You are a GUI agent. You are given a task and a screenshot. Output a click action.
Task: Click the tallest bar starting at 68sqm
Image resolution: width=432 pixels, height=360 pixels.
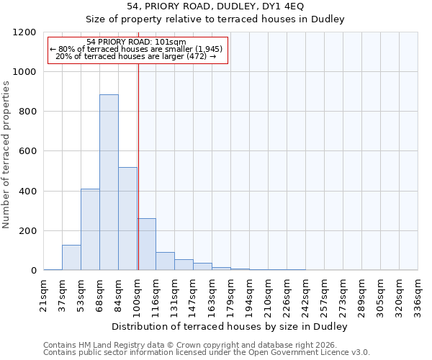click(x=109, y=182)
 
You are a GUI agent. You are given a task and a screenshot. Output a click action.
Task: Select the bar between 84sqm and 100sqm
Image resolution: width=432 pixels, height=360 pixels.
click(x=127, y=219)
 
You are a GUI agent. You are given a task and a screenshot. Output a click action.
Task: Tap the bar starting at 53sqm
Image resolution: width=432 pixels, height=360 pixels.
click(x=90, y=229)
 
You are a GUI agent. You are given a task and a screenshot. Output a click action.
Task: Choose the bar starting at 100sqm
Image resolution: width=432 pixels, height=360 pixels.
click(x=146, y=244)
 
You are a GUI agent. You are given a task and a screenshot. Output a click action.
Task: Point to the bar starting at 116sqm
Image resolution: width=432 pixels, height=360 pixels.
click(x=165, y=261)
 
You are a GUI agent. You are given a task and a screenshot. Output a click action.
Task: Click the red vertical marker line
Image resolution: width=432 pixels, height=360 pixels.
click(x=138, y=166)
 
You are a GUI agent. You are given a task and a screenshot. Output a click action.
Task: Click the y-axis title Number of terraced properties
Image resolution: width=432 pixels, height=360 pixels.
click(x=7, y=155)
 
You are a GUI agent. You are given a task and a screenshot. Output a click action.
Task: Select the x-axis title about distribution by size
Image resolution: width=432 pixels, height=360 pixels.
click(x=230, y=327)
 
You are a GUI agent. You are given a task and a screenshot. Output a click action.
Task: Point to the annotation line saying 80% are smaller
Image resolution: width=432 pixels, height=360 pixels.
click(x=138, y=49)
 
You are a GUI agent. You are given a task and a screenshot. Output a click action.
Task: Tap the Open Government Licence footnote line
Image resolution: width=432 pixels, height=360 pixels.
click(x=207, y=353)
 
